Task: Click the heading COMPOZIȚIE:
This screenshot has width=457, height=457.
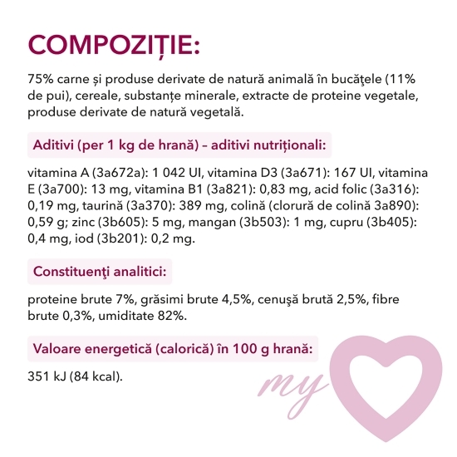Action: click(x=113, y=43)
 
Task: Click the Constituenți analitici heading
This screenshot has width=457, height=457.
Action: click(x=101, y=272)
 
